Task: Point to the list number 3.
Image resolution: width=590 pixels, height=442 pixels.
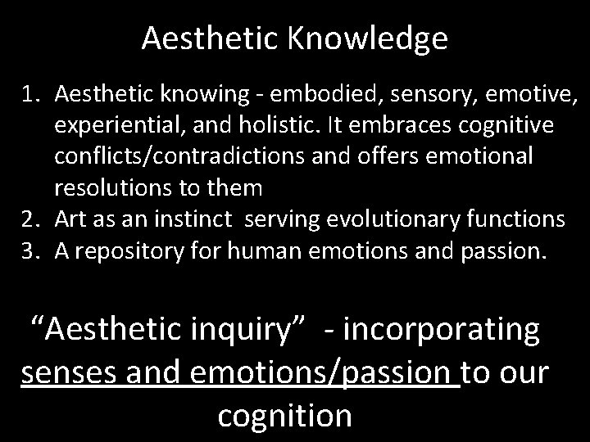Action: pyautogui.click(x=29, y=251)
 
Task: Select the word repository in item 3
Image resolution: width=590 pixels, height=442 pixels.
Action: pyautogui.click(x=137, y=251)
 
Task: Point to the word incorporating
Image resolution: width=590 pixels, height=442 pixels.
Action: pyautogui.click(x=443, y=329)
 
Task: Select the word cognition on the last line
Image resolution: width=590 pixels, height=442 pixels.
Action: pyautogui.click(x=284, y=415)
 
